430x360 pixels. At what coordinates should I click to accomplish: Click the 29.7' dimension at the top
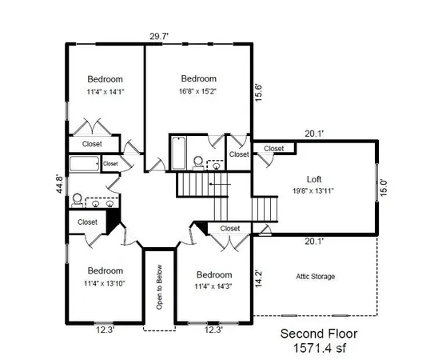point(161,36)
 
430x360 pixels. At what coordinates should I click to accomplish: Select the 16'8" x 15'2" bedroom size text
point(198,91)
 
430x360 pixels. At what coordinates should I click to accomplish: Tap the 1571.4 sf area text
point(318,348)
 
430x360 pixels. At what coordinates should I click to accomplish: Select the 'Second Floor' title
point(318,334)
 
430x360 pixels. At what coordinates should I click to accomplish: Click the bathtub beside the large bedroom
point(177,150)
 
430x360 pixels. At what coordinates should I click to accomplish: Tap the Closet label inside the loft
point(274,149)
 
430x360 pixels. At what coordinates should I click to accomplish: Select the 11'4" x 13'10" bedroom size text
point(106,282)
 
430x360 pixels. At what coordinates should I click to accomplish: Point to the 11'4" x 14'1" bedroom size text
point(106,91)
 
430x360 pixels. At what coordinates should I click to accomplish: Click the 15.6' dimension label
point(257,93)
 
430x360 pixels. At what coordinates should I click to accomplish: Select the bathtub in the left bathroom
point(83,164)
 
